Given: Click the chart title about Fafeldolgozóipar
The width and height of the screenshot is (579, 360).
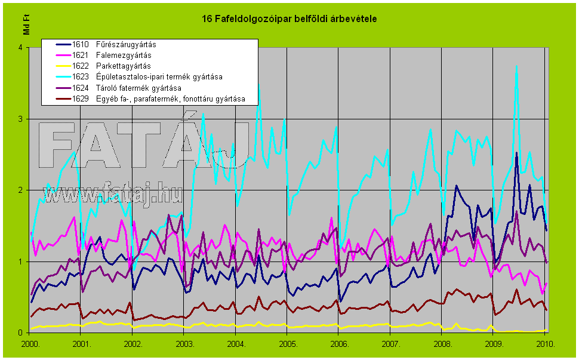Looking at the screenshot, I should coord(289,20).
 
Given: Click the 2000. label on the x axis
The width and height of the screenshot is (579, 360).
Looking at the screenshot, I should coord(30,344).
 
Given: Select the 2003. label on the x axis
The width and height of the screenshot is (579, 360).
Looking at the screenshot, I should coord(184,344).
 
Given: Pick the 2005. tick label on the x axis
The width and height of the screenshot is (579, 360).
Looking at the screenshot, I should coord(288,344).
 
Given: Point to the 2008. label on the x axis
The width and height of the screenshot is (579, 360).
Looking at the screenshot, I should coord(442,344).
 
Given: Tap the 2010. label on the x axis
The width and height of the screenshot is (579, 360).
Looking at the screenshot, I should coord(546,344).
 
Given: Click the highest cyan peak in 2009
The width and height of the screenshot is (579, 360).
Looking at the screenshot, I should coord(516,66).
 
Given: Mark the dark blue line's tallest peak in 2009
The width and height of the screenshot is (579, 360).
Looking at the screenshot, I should coord(516,153).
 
